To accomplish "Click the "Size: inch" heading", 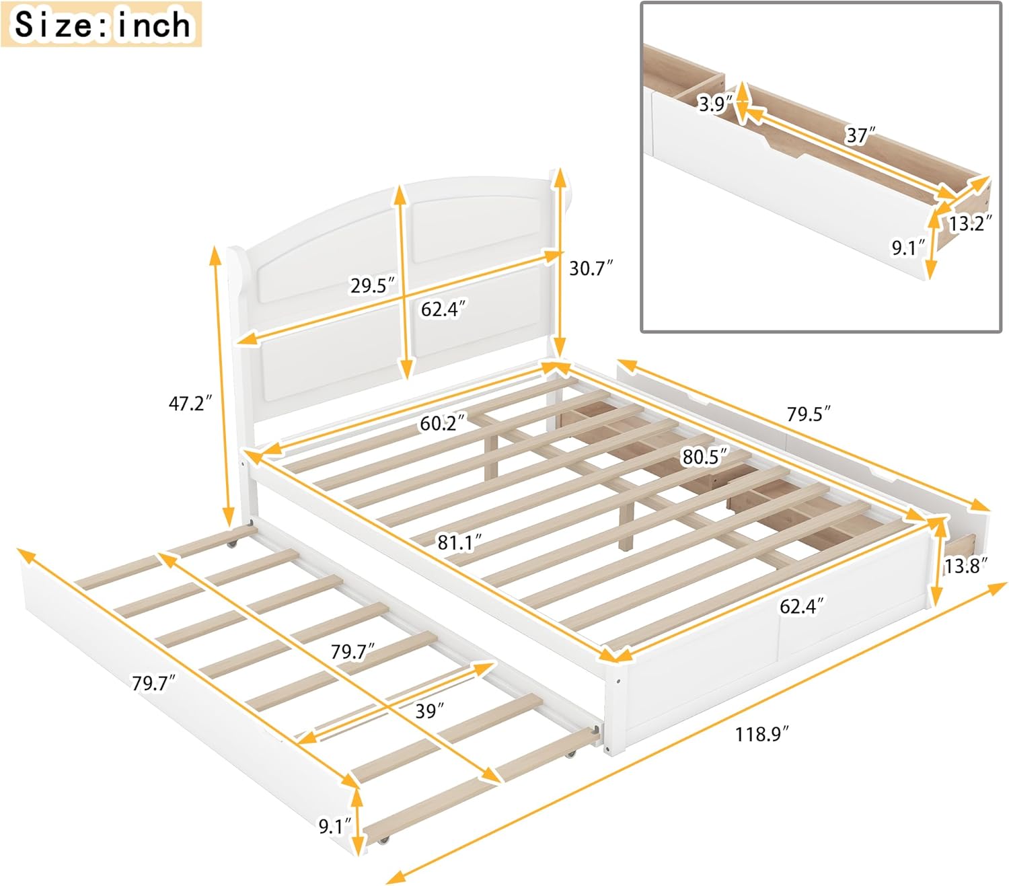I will point(102,25).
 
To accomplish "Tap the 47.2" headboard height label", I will point(190,404).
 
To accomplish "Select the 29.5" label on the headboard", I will point(372,285).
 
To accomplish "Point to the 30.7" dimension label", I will point(591,268).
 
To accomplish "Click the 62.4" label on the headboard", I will point(443,309).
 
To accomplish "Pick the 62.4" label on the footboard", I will point(801,606).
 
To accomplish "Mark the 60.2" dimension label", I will point(442,423).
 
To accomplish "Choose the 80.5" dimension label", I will point(704,457).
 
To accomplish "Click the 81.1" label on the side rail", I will point(460,542).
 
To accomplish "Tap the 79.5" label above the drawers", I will point(808,414).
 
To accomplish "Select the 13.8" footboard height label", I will point(965,566).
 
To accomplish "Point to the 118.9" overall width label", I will point(761,734).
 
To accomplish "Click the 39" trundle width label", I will point(429,710).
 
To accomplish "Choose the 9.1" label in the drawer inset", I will point(907,248).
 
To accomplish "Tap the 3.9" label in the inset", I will point(714,104).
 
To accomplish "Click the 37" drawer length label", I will point(860,135).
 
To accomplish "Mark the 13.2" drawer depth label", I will point(970,223).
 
